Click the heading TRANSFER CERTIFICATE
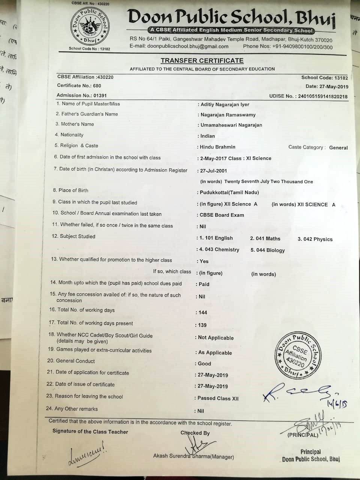(x=202, y=61)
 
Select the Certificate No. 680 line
(x=79, y=85)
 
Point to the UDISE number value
(x=322, y=96)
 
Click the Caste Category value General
(x=338, y=148)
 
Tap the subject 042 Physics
(x=315, y=239)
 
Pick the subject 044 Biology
(x=267, y=250)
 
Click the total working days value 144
(x=203, y=312)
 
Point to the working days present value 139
(x=202, y=325)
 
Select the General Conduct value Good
(x=204, y=364)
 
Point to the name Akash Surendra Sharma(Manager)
(x=193, y=457)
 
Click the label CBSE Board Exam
(x=222, y=215)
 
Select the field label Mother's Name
(x=77, y=124)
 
